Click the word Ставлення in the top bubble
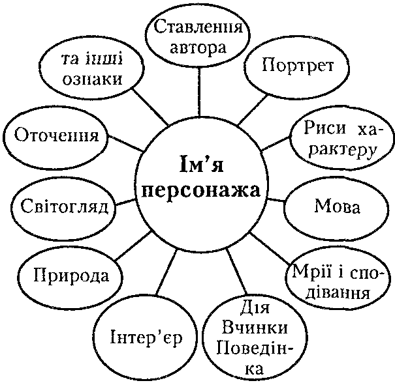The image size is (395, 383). (198, 27)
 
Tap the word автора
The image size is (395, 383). (198, 48)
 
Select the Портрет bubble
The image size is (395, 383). (297, 67)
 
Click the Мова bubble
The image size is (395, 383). (336, 208)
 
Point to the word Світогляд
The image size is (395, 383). (64, 206)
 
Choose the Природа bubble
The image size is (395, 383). (71, 277)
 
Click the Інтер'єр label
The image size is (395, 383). (146, 338)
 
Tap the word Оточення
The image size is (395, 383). (56, 135)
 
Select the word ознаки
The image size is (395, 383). (93, 80)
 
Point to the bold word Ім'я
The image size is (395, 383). (202, 164)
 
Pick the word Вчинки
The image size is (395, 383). (255, 328)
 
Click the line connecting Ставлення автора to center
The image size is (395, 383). (198, 92)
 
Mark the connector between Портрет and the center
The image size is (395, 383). (253, 109)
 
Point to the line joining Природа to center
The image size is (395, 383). (133, 246)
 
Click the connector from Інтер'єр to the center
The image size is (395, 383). (166, 272)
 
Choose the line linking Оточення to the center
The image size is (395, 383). (126, 143)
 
